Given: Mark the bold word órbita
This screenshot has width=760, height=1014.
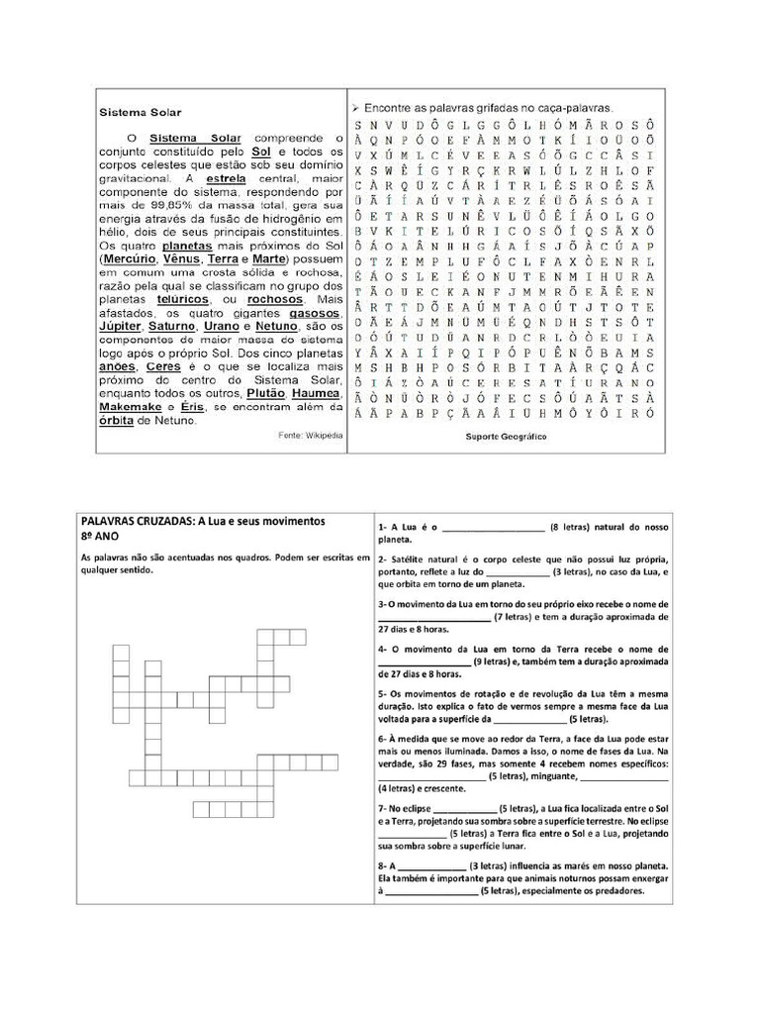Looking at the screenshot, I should (123, 420).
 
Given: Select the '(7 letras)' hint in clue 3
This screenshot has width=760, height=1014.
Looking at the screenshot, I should (515, 616).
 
